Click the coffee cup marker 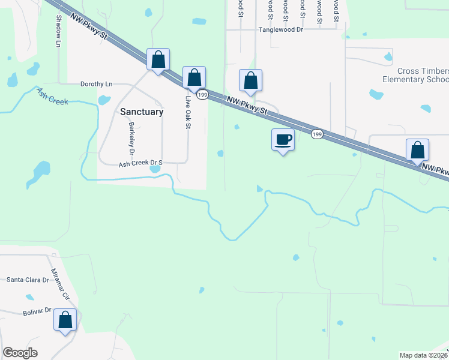pyautogui.click(x=283, y=140)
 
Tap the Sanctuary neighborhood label pyautogui.click(x=142, y=112)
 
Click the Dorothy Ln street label pyautogui.click(x=96, y=84)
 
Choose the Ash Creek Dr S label pyautogui.click(x=140, y=163)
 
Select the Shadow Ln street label pyautogui.click(x=59, y=31)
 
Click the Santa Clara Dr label pyautogui.click(x=27, y=280)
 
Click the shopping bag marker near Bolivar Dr pyautogui.click(x=65, y=319)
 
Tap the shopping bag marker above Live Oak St pyautogui.click(x=194, y=77)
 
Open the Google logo pyautogui.click(x=20, y=353)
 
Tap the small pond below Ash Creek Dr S pyautogui.click(x=155, y=169)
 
